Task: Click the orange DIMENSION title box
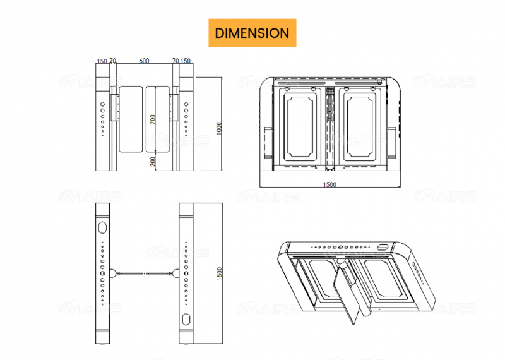[x=252, y=33]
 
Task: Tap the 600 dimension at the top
[x=144, y=61]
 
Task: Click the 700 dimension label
[x=151, y=119]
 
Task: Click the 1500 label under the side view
[x=330, y=184]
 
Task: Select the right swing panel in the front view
[x=158, y=118]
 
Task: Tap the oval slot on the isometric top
[x=383, y=247]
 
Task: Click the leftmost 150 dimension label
[x=101, y=61]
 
